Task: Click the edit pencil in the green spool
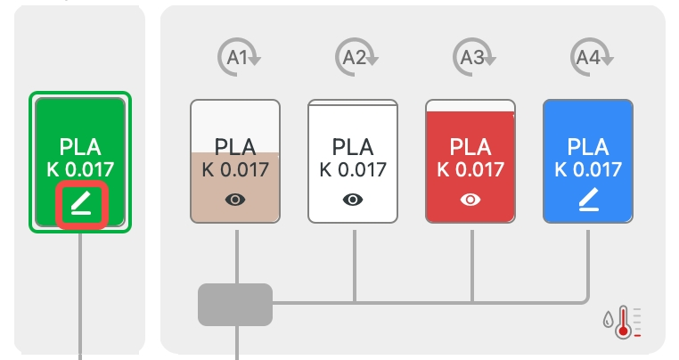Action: pyautogui.click(x=81, y=205)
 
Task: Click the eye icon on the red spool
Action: pyautogui.click(x=470, y=200)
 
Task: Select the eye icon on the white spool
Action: pyautogui.click(x=354, y=200)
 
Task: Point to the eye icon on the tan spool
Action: pyautogui.click(x=235, y=200)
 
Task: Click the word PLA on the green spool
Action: pyautogui.click(x=81, y=147)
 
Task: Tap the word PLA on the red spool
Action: pyautogui.click(x=470, y=146)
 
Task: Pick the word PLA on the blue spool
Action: pyautogui.click(x=588, y=146)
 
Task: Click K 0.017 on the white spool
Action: pyautogui.click(x=354, y=169)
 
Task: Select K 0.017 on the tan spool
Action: pyautogui.click(x=235, y=169)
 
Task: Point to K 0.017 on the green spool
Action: pyautogui.click(x=81, y=169)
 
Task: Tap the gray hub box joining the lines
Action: pyautogui.click(x=235, y=304)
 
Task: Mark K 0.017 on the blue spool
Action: pyautogui.click(x=588, y=169)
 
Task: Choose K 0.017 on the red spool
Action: pyautogui.click(x=470, y=169)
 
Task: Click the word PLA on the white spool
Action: pyautogui.click(x=354, y=146)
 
